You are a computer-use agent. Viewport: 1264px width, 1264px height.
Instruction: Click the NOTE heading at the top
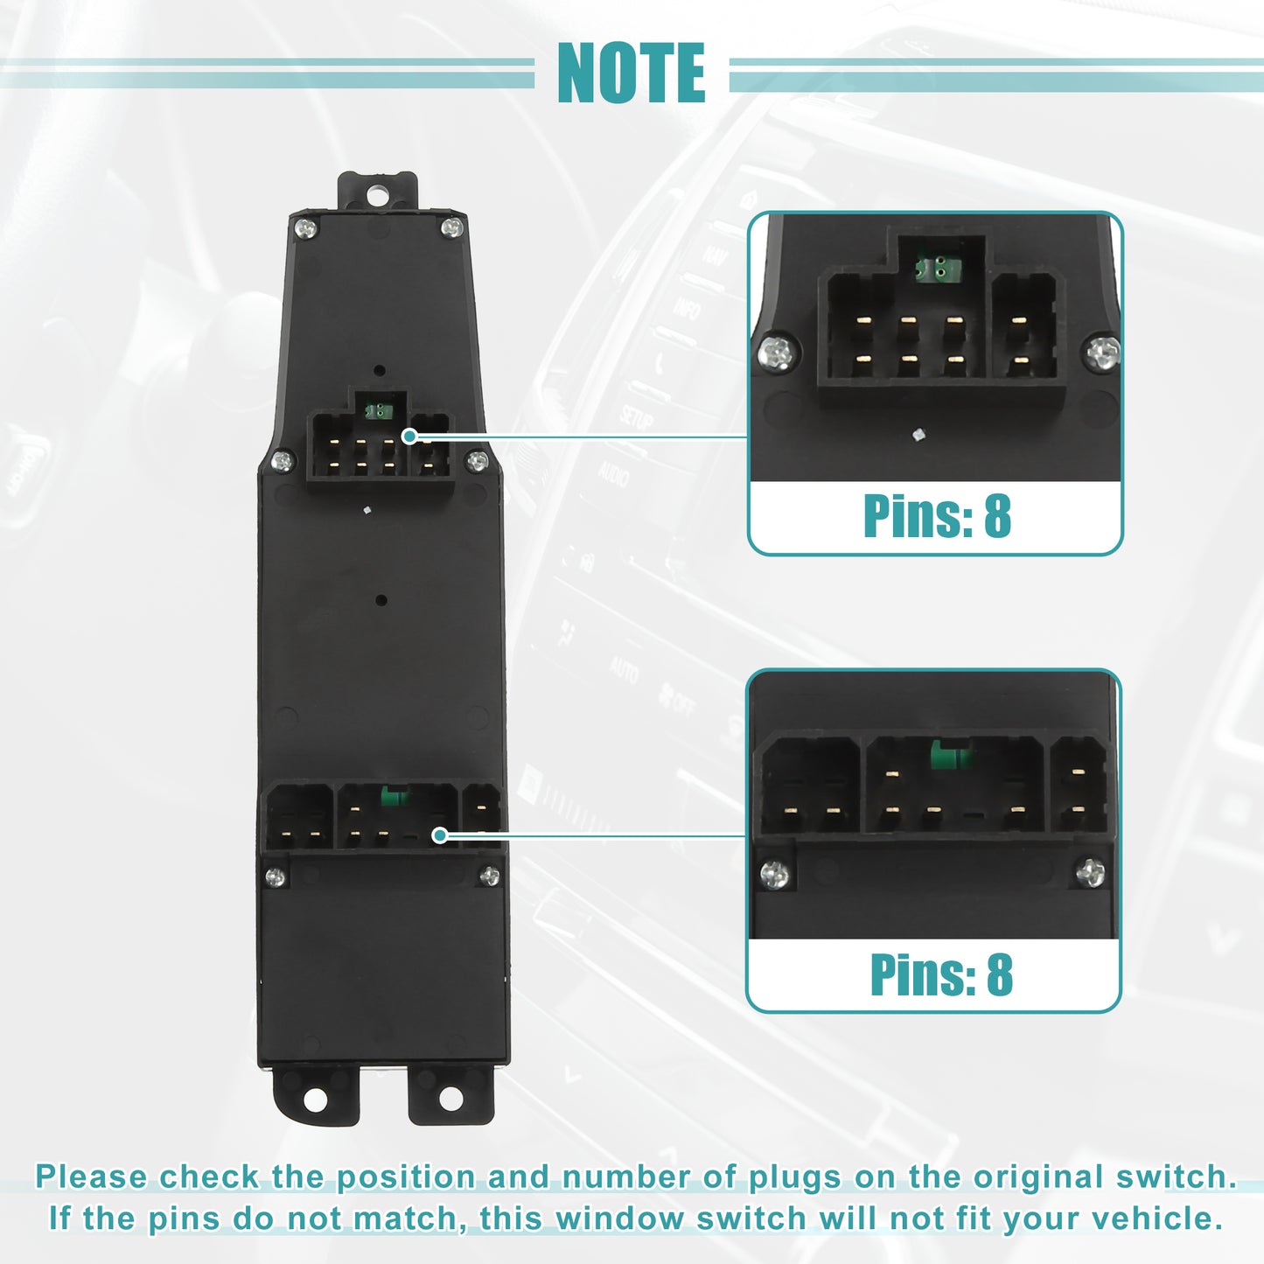(631, 73)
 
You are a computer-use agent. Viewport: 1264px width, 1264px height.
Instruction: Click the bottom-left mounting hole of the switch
(316, 1100)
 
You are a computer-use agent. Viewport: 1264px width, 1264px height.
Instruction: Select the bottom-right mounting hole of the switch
(450, 1100)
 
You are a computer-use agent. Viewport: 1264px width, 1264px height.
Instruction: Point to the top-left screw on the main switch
(305, 228)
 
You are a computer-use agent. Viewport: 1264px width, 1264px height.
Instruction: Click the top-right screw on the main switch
(451, 227)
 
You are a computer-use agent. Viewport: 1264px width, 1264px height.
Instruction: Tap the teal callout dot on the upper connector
(409, 436)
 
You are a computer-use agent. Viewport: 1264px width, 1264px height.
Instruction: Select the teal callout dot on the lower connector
(441, 835)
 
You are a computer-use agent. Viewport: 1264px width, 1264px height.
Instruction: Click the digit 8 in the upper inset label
(997, 516)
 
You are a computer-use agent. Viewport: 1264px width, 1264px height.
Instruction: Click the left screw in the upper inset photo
(778, 353)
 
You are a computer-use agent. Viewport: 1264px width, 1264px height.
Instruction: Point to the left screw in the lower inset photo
(775, 874)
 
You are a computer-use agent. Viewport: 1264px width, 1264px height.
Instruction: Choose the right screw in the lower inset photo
(1091, 872)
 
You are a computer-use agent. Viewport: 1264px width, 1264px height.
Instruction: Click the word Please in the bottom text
(92, 1177)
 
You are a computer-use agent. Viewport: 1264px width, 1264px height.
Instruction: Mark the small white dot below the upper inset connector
(919, 434)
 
